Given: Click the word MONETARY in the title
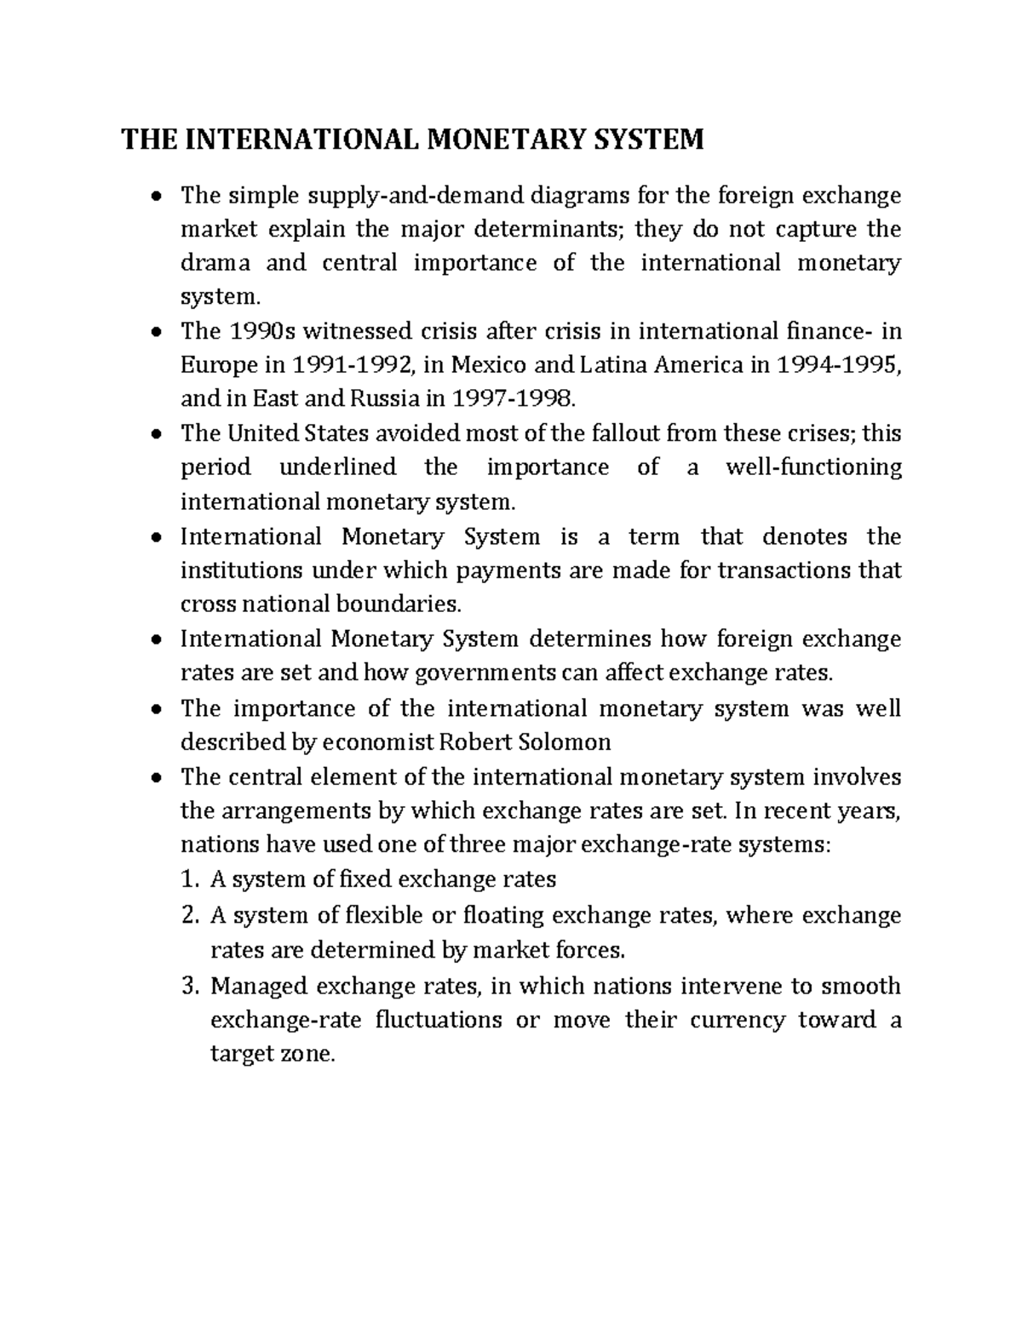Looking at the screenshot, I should [x=515, y=138].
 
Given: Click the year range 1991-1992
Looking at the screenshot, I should [x=353, y=364].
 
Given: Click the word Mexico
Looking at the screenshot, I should [x=486, y=364].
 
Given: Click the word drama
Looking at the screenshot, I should [x=215, y=262].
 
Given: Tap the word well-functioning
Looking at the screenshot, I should [x=812, y=466].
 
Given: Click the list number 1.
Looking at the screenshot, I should [x=190, y=878].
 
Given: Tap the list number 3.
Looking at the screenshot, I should [x=190, y=986].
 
